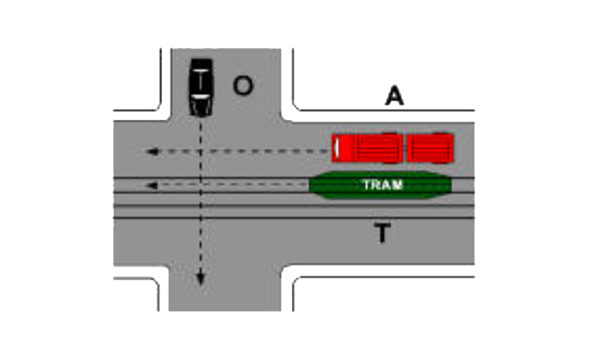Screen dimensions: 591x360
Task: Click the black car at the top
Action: [x=201, y=87]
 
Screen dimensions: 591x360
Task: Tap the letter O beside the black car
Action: [x=242, y=86]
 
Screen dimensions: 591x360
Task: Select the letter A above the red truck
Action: [x=394, y=96]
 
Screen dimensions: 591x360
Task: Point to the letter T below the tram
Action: [x=382, y=233]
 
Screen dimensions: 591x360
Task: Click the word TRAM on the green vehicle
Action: [x=383, y=184]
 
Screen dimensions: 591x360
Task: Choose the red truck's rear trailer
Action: [x=430, y=148]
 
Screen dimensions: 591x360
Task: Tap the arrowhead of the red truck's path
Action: [x=152, y=152]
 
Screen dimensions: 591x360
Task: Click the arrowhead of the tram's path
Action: [x=152, y=185]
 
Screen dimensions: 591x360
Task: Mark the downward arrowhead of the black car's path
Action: [x=200, y=279]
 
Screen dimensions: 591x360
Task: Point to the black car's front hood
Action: [x=200, y=107]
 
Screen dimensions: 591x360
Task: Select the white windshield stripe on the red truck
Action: [x=337, y=148]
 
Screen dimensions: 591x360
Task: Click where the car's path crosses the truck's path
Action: [x=200, y=152]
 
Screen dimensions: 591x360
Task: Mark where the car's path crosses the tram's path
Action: [x=200, y=185]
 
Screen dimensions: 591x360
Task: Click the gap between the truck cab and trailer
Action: [x=403, y=148]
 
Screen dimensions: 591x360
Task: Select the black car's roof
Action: [x=201, y=81]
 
